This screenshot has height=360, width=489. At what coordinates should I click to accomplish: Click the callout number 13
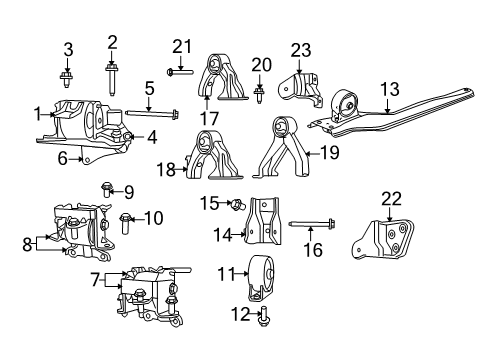click(x=388, y=89)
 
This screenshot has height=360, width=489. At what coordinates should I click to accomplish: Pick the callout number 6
click(x=62, y=158)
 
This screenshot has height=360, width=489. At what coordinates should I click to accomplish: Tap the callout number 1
click(x=37, y=114)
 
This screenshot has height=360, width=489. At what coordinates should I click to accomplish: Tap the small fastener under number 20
click(x=259, y=93)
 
